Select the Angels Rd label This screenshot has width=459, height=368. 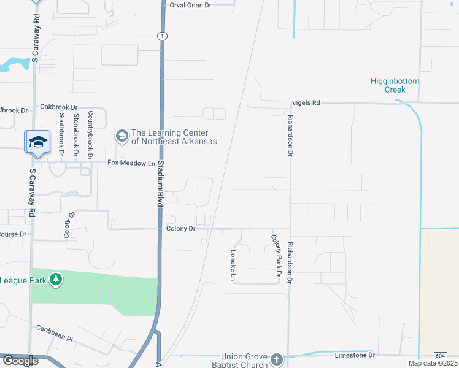(x=306, y=103)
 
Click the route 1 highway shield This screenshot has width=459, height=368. (x=161, y=36)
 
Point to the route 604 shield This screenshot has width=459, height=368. (x=440, y=356)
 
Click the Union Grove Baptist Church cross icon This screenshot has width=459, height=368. (x=276, y=359)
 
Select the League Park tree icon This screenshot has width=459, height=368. (x=56, y=280)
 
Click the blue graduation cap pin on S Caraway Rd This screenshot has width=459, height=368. (x=38, y=142)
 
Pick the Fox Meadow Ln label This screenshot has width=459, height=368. (x=131, y=163)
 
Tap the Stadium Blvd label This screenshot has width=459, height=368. (x=159, y=185)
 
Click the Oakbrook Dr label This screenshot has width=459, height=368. (x=59, y=107)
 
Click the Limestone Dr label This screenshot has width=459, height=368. (x=355, y=355)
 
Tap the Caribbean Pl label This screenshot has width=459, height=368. (x=54, y=334)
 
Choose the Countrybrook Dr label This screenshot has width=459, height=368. (x=90, y=136)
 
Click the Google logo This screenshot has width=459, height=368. (x=20, y=361)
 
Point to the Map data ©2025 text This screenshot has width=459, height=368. (x=433, y=363)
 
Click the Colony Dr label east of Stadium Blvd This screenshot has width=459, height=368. (x=180, y=229)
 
